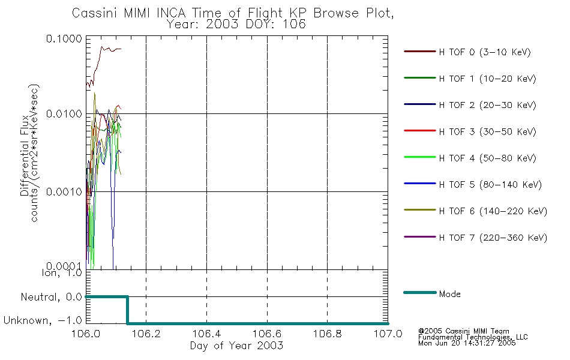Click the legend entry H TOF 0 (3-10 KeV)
tap(485, 52)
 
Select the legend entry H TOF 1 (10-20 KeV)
tap(487, 79)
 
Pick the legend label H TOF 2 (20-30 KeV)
tap(487, 105)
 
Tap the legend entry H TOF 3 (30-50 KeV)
tap(487, 131)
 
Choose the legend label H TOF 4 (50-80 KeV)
tap(487, 158)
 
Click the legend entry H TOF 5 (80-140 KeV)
tap(490, 185)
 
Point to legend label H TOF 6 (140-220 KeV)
tap(493, 211)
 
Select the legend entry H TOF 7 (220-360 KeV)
tap(493, 238)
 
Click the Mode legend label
tap(449, 294)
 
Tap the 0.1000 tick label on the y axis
tap(64, 38)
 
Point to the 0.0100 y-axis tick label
tap(64, 114)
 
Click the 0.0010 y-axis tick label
tap(64, 191)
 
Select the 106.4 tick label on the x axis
tap(207, 334)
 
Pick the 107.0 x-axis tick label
tap(388, 334)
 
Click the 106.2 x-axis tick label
tap(146, 334)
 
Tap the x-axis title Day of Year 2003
tap(236, 346)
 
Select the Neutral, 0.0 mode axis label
tap(51, 297)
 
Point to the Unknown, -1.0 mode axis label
tap(43, 320)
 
